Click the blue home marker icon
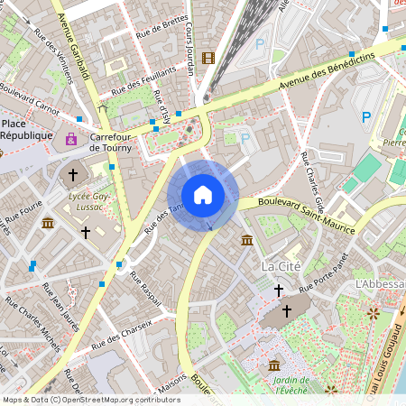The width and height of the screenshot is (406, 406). pyautogui.click(x=203, y=195)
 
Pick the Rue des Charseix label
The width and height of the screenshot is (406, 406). pyautogui.click(x=123, y=338)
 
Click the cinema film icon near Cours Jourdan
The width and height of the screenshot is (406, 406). pyautogui.click(x=209, y=59)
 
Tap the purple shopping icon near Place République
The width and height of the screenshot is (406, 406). pyautogui.click(x=71, y=140)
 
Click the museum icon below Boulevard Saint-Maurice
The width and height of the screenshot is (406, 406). pyautogui.click(x=247, y=240)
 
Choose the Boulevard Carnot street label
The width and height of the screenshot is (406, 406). pyautogui.click(x=29, y=101)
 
